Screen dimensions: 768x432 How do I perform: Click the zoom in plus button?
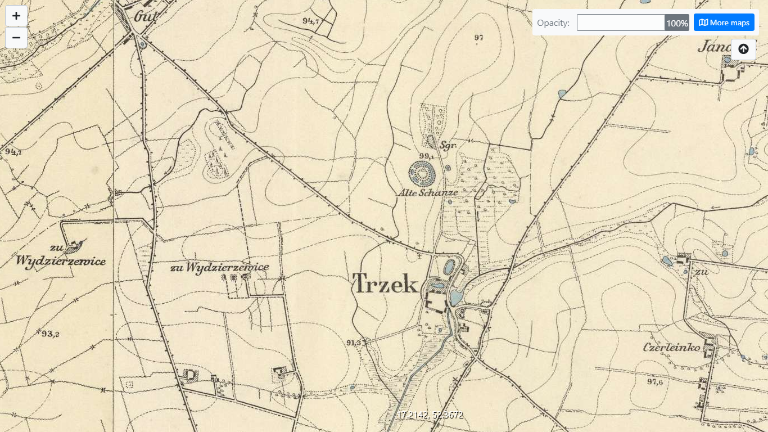(16, 16)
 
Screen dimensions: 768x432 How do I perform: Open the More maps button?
(724, 22)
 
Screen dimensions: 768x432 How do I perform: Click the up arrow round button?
(743, 49)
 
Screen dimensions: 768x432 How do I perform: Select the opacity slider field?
(621, 22)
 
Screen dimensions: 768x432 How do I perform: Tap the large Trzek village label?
(386, 283)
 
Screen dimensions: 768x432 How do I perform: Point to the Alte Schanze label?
(428, 192)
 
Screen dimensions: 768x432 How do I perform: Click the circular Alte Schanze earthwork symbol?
(422, 173)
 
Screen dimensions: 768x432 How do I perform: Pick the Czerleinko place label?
(671, 348)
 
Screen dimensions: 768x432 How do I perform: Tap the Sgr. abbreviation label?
(448, 145)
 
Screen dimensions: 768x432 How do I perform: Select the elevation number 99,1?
(427, 156)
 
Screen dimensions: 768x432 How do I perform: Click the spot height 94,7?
(310, 21)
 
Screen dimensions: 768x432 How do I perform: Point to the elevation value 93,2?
(50, 334)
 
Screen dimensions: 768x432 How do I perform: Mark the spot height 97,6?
(654, 382)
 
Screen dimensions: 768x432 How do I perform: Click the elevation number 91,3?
(354, 342)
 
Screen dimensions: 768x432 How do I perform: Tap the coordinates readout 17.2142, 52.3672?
(430, 415)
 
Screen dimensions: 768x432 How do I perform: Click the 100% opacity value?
(677, 23)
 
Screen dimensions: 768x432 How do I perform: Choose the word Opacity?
(553, 23)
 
